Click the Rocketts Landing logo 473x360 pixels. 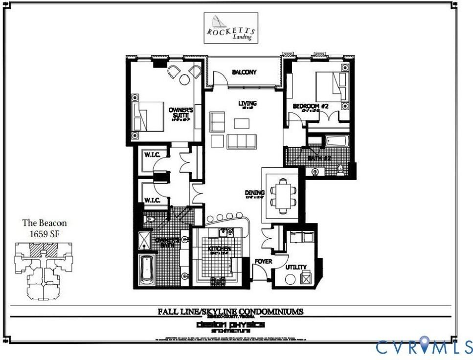coord(230,27)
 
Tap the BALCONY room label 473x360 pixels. coord(244,72)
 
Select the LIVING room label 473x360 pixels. coord(247,103)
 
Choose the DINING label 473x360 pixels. coord(254,193)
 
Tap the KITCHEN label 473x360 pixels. coord(219,249)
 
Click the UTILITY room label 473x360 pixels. coord(296,267)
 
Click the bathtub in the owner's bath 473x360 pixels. coord(146,270)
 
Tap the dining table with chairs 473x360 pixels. coord(283,194)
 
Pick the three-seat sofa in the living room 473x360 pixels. coord(242,141)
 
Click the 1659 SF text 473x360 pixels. coord(45,233)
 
